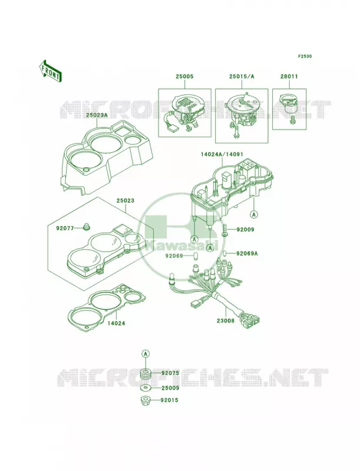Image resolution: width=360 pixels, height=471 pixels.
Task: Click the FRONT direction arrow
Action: click(50, 71)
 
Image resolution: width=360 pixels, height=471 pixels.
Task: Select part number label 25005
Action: click(184, 77)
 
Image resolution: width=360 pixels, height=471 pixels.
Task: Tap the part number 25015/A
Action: click(242, 77)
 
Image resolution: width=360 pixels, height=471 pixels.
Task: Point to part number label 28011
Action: click(289, 77)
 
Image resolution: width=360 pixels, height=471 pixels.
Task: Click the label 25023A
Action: click(97, 115)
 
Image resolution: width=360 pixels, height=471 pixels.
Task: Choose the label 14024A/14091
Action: click(222, 154)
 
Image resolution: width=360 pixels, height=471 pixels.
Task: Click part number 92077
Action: click(65, 228)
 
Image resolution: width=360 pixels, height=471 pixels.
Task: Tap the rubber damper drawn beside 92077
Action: click(87, 227)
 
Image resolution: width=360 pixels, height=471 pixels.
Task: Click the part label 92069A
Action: click(247, 253)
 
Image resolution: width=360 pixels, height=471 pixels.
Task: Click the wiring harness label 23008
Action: click(226, 320)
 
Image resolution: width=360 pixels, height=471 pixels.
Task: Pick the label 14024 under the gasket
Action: click(116, 323)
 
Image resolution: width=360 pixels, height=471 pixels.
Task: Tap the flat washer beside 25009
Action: click(146, 388)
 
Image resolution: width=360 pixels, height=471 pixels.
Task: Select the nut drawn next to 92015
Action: click(146, 400)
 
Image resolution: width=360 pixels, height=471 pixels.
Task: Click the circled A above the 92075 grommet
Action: click(146, 354)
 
